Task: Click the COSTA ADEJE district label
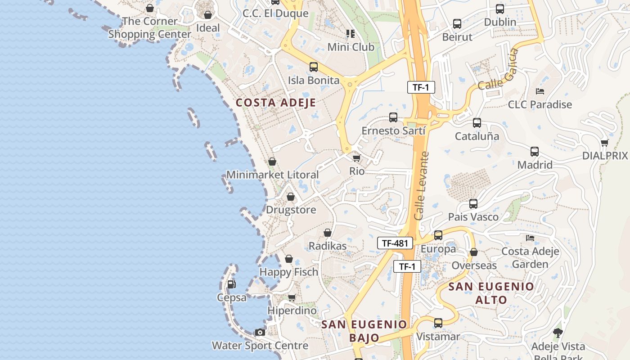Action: (276, 103)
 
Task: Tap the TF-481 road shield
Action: (395, 243)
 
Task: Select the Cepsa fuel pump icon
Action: (231, 284)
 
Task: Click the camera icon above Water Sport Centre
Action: (260, 333)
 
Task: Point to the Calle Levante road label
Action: (422, 186)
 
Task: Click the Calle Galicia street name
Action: (499, 69)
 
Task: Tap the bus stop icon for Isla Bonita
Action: (314, 67)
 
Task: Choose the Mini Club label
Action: (351, 47)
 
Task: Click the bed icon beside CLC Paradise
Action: (540, 91)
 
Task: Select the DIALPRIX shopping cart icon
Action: (604, 143)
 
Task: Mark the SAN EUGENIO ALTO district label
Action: (491, 293)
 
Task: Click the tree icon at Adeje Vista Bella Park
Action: (558, 333)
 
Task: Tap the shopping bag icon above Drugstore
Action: (291, 197)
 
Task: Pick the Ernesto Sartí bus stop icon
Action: (393, 117)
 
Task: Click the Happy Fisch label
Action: (288, 272)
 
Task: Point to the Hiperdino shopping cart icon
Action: (292, 297)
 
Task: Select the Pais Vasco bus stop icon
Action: (473, 204)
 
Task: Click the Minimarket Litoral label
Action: (272, 175)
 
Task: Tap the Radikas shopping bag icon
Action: (328, 233)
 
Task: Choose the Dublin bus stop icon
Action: (500, 9)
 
